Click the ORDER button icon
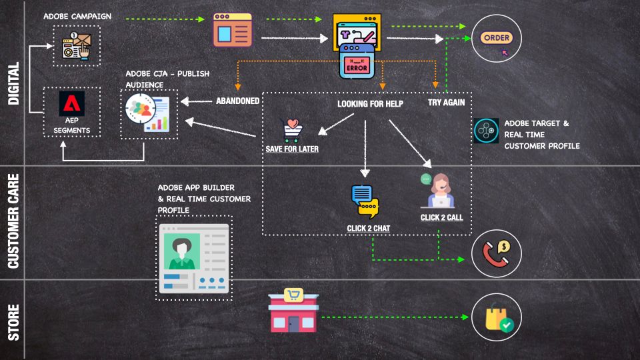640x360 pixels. point(496,38)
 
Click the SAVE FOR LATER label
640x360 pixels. point(292,149)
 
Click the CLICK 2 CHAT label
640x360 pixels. point(368,229)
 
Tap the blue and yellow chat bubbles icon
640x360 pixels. point(364,201)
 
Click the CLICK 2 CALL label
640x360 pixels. point(441,217)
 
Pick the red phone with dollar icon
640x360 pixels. point(496,253)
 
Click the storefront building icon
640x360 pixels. point(293,311)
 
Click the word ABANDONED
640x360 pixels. point(237,101)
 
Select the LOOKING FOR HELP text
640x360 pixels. point(370,104)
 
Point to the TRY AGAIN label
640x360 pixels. point(446,103)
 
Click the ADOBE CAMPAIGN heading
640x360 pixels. point(77,15)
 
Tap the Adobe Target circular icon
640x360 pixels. point(486,131)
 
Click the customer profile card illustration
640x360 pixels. point(194,257)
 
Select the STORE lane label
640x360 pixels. point(13,322)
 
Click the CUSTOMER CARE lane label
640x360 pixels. point(13,221)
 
